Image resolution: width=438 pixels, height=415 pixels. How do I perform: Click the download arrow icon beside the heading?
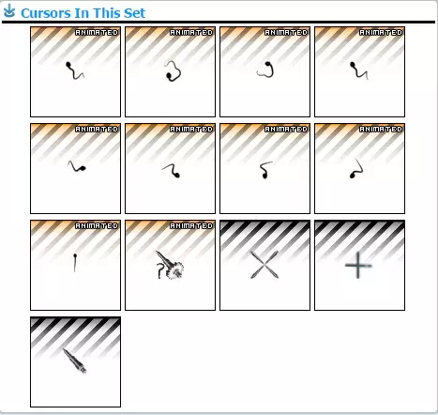pyautogui.click(x=10, y=12)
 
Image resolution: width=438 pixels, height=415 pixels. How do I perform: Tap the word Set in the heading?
pyautogui.click(x=132, y=13)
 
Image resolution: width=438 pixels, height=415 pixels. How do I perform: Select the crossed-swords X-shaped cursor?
pyautogui.click(x=264, y=267)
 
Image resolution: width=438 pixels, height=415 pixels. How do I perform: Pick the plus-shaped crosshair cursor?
pyautogui.click(x=358, y=267)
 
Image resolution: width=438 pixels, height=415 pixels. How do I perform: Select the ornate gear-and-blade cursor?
pyautogui.click(x=170, y=267)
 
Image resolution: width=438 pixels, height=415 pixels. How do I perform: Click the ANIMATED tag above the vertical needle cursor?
pyautogui.click(x=97, y=225)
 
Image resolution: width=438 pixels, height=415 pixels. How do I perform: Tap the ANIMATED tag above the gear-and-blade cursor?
pyautogui.click(x=191, y=225)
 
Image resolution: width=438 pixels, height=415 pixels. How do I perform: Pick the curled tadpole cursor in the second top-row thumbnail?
pyautogui.click(x=172, y=71)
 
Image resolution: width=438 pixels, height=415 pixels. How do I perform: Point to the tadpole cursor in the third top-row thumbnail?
pyautogui.click(x=264, y=70)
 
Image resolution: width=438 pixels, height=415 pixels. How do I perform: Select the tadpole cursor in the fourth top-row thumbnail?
pyautogui.click(x=358, y=71)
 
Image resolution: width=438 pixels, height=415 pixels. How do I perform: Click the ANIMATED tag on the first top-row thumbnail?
pyautogui.click(x=97, y=32)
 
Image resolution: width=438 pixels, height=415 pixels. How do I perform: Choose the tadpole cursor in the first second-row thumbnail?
pyautogui.click(x=77, y=168)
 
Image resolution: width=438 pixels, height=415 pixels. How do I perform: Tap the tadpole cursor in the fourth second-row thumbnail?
pyautogui.click(x=356, y=169)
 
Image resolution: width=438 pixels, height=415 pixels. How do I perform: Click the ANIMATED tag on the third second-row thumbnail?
pyautogui.click(x=286, y=129)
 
